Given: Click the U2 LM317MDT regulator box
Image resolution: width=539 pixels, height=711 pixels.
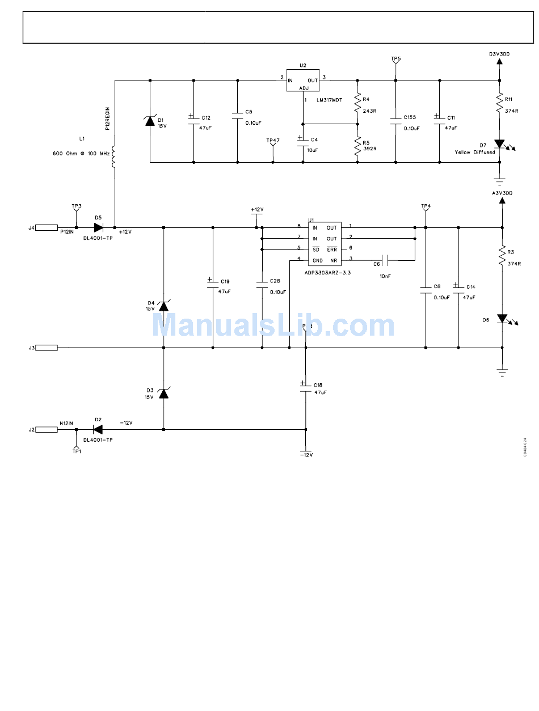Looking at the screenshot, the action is (302, 81).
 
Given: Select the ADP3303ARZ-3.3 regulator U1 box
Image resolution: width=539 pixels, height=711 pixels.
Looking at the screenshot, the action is (325, 244).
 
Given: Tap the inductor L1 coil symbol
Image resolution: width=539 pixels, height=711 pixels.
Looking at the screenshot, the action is (115, 157).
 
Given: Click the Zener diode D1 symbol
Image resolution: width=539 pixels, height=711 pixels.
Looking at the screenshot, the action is (150, 120).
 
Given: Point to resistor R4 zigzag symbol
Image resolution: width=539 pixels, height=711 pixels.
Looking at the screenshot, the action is (357, 103).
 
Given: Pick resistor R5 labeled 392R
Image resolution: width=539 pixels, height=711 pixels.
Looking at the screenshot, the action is (357, 146).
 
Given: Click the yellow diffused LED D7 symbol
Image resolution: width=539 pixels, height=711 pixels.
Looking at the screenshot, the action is (500, 145).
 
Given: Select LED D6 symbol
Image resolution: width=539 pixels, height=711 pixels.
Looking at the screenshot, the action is (502, 319).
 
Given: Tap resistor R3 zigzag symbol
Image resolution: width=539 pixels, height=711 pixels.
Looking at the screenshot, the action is (502, 256).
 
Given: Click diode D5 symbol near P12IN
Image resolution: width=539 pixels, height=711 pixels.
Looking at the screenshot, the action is (98, 227).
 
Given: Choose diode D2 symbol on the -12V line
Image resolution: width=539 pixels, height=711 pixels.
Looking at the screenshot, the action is (98, 429).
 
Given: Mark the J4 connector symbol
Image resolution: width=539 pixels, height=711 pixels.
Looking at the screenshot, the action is (47, 227).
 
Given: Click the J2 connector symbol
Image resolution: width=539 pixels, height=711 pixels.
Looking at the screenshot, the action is (47, 429).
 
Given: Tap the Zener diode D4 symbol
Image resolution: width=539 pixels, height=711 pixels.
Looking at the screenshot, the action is (163, 306).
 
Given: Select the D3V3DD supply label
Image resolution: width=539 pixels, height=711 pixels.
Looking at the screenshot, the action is (499, 54).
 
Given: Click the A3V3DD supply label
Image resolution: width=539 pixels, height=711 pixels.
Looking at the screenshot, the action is (502, 193).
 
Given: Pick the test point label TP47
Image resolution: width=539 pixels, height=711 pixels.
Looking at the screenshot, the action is (273, 140).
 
